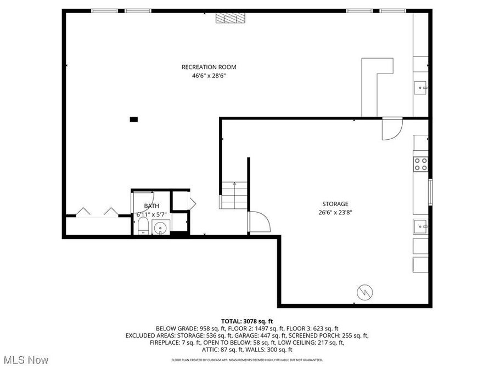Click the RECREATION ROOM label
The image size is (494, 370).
pos(209,67)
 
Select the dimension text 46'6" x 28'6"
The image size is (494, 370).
pos(209,76)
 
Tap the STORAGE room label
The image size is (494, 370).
pos(335,204)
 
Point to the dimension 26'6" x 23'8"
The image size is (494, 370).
pos(335,213)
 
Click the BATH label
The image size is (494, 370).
pos(151,206)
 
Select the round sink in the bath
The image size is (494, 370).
pos(161,227)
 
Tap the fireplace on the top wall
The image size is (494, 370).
pos(228,18)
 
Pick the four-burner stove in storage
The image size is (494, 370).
pos(421,163)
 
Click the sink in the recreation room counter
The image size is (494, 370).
pos(421,87)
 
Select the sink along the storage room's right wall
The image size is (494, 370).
pos(421,225)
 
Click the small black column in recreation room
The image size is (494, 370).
pos(133,119)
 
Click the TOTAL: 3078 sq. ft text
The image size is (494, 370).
pos(247,321)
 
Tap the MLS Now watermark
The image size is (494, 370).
pos(26,360)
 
